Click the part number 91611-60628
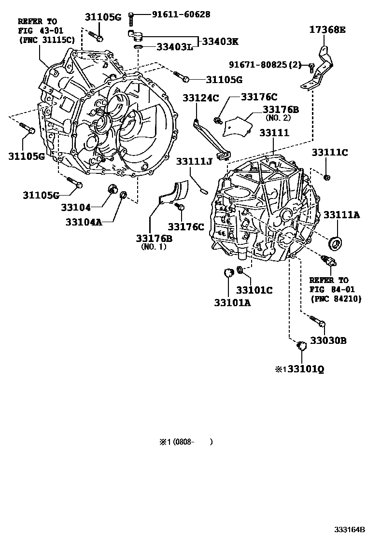point(176,14)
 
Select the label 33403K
point(220,42)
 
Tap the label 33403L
point(175,47)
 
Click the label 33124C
point(201,98)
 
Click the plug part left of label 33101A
point(228,273)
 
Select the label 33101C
point(254,290)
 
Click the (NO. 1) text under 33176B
point(153,247)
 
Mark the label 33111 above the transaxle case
point(274,132)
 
